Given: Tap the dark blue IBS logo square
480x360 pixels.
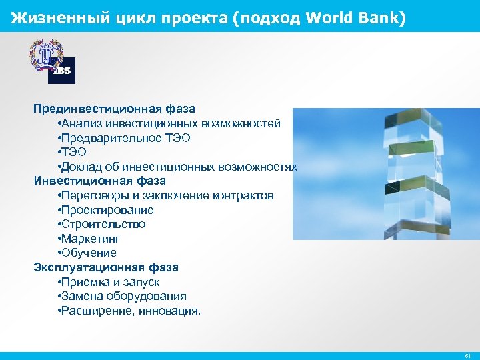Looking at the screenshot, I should [61, 70].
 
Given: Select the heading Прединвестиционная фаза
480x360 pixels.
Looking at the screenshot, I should [115, 108].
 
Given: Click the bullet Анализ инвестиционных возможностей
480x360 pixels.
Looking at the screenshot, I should [169, 123].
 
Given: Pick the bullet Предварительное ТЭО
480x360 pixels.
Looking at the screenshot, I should [124, 138].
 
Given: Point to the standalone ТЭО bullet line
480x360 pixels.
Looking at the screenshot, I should [73, 153].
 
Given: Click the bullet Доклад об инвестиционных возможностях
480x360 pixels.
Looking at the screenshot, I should [177, 167].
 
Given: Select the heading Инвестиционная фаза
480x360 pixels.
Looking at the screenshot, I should [100, 181].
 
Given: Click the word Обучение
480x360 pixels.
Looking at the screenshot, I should [89, 253].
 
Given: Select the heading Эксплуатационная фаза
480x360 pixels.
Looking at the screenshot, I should [106, 267].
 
